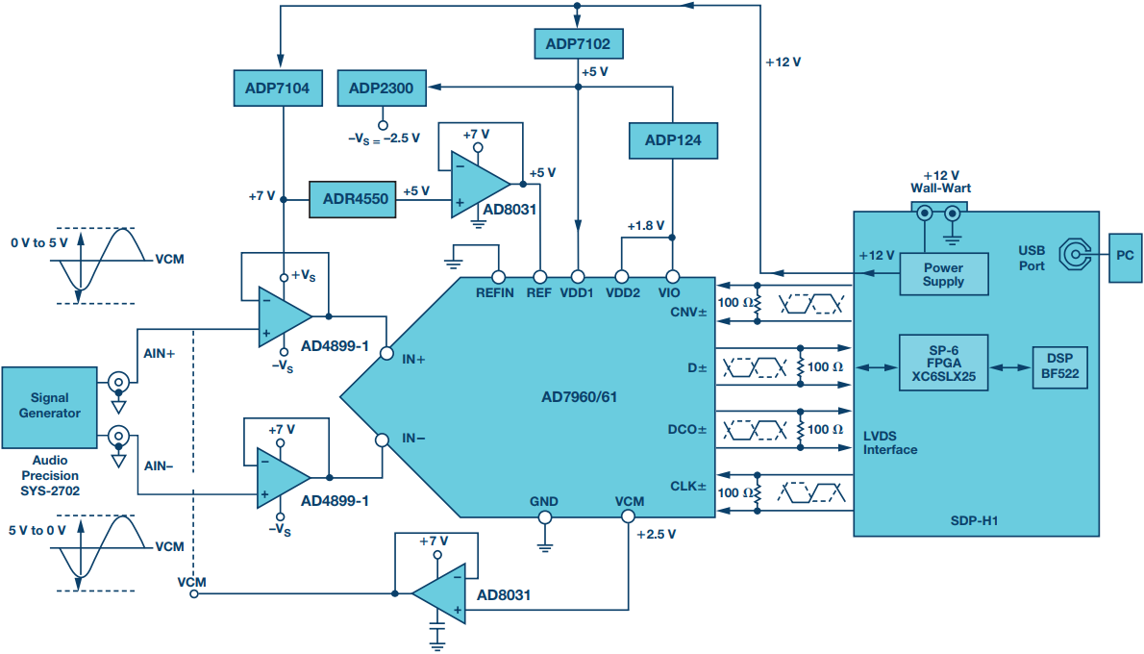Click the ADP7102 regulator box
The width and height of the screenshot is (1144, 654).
(x=579, y=44)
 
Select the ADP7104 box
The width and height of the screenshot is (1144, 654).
(x=278, y=88)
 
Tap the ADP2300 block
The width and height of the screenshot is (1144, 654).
(x=382, y=88)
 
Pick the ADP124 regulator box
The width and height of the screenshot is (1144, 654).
(x=673, y=140)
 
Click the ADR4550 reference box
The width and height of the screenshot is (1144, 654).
(x=353, y=199)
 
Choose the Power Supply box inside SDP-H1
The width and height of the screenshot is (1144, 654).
(x=944, y=274)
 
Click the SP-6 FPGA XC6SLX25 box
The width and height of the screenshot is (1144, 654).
(x=943, y=364)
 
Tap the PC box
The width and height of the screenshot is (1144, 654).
(x=1125, y=257)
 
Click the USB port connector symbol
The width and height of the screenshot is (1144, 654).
(x=1075, y=254)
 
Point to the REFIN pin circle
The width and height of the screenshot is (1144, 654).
(x=498, y=277)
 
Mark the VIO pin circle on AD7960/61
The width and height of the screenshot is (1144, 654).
(x=673, y=277)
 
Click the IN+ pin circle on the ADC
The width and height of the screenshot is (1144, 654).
(x=386, y=353)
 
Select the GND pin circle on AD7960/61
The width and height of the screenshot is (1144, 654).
(x=544, y=517)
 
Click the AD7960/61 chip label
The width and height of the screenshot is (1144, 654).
(x=580, y=397)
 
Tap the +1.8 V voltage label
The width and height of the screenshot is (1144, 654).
(x=646, y=226)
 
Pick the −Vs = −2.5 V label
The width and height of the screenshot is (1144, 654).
(x=384, y=138)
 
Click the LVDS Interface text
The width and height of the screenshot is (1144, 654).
(x=890, y=443)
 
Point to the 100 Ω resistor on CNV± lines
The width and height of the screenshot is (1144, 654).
(x=758, y=303)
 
